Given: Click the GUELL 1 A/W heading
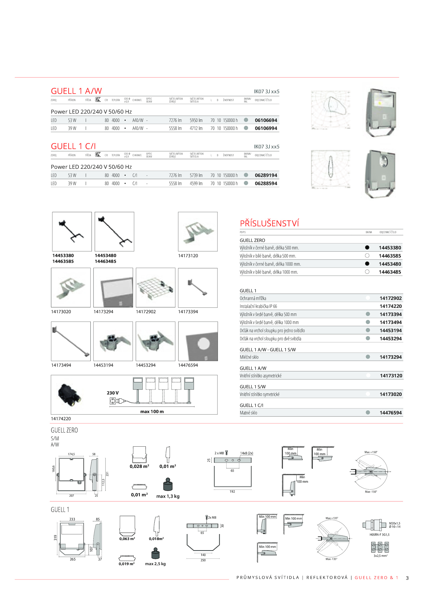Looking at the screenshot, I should [76, 91].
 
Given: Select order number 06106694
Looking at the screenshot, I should [266, 120].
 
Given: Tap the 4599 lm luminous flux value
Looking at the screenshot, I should [196, 183].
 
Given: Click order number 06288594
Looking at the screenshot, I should [266, 183].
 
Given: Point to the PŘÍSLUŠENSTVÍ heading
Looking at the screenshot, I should [269, 223].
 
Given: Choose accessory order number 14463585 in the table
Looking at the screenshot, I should [390, 256].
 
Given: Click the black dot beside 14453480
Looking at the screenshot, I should [367, 264].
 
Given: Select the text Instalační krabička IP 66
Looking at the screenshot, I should [258, 306].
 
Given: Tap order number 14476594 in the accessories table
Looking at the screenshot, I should [391, 413].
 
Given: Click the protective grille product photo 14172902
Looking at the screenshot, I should [155, 288].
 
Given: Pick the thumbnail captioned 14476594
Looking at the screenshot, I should [198, 341].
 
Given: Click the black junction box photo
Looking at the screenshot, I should [70, 395].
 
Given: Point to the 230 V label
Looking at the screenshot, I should [113, 393].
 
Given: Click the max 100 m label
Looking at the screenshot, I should [152, 412].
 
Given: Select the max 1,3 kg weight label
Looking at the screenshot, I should [168, 496].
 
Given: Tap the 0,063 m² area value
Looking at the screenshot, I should [127, 539].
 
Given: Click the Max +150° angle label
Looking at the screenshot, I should [371, 452].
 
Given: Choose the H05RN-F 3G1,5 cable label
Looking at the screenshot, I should [379, 535].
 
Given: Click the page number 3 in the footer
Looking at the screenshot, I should [407, 578].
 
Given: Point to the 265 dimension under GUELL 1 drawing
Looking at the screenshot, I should [72, 559].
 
